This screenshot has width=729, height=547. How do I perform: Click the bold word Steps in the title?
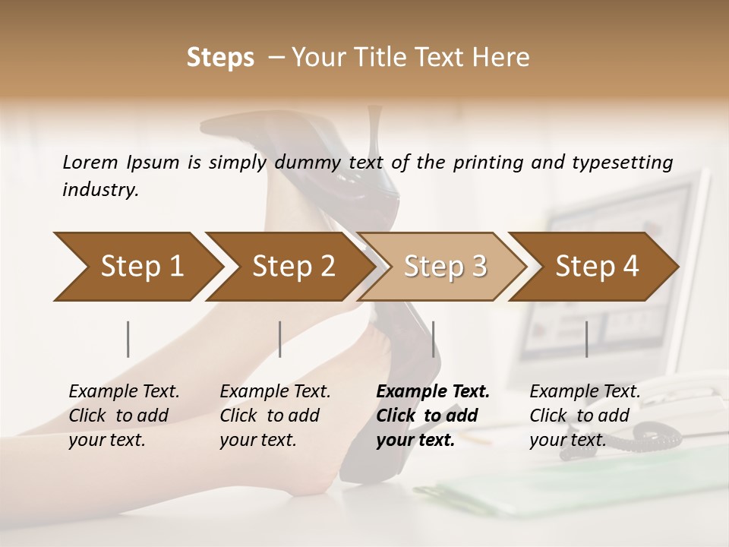pos(220,58)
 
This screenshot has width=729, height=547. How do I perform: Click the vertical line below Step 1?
pos(128,339)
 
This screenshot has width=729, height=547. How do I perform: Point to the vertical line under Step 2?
pos(280,339)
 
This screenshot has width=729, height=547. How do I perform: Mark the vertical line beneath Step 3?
pos(433,339)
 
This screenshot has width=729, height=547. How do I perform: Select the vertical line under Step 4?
pos(586,339)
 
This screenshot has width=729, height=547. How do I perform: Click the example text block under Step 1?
pos(124,416)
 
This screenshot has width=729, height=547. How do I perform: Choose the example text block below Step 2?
pos(275,416)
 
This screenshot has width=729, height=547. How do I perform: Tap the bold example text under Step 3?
pos(433,416)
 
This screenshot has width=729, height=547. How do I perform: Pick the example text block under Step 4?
pos(585,416)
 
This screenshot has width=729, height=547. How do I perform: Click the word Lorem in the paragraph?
pos(90,163)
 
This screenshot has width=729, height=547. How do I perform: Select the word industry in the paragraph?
pos(100,190)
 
